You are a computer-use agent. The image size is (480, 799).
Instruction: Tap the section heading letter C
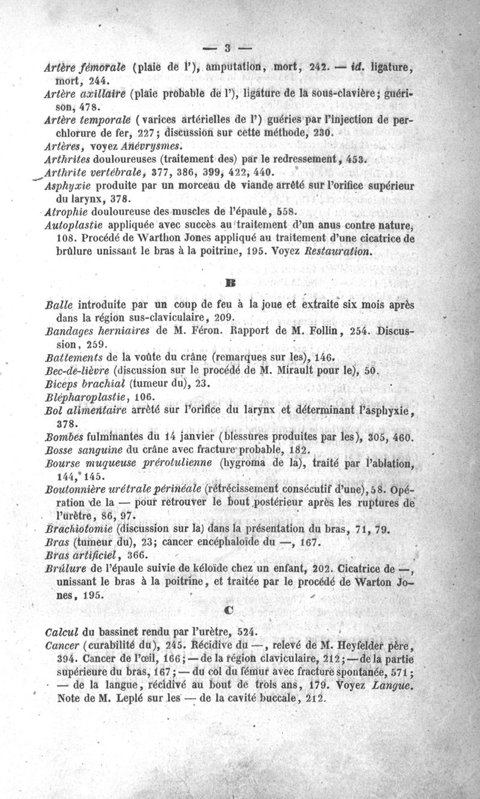point(228,609)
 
